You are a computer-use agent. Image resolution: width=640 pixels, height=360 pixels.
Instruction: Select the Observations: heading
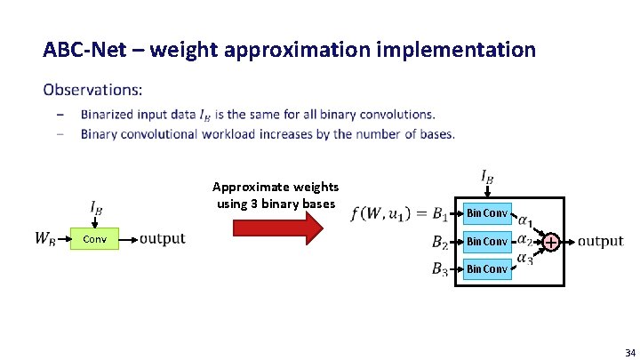click(x=92, y=90)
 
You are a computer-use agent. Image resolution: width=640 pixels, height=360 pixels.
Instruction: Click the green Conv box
click(x=95, y=239)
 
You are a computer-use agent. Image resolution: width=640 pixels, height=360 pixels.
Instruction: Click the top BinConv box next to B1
click(x=487, y=213)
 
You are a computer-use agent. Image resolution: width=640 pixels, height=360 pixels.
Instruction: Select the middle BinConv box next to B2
click(x=487, y=241)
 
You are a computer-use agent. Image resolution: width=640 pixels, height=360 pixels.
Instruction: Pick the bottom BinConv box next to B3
click(x=487, y=268)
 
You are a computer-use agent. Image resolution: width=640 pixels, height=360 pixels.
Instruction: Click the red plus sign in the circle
click(x=551, y=242)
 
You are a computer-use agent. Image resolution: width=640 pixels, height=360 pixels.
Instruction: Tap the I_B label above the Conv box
click(x=95, y=208)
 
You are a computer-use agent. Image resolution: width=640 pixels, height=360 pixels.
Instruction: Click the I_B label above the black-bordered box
click(x=486, y=178)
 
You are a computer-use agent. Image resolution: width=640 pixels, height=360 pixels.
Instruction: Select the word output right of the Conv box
click(x=163, y=238)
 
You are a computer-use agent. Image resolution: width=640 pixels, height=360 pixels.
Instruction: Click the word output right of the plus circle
click(x=601, y=241)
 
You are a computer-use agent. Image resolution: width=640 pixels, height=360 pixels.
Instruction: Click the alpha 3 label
click(x=526, y=259)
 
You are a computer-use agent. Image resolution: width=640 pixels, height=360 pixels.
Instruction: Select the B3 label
click(x=439, y=268)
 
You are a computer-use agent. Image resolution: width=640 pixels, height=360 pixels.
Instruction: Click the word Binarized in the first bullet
click(x=109, y=114)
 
